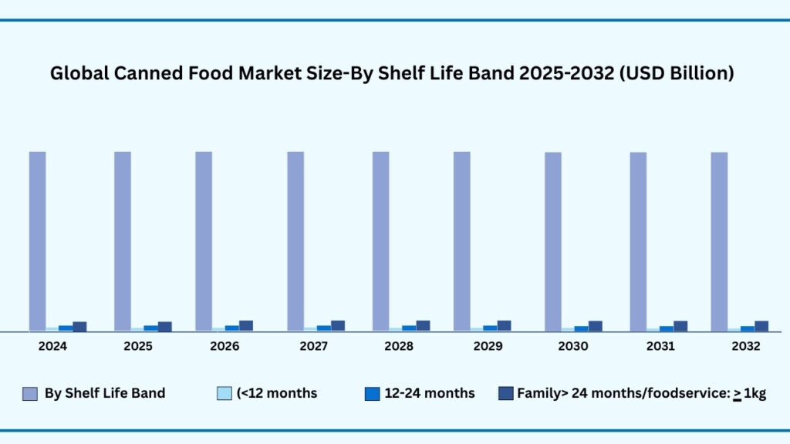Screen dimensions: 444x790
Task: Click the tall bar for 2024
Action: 38,241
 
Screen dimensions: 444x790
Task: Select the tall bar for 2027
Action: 296,241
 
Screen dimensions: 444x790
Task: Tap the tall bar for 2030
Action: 553,242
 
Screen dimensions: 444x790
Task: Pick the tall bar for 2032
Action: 719,242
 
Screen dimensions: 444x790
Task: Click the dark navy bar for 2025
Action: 165,327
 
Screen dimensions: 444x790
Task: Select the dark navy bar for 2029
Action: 504,326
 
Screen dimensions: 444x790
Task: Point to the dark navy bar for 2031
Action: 680,326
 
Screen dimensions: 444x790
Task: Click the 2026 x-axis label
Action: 225,347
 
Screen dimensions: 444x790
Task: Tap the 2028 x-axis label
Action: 398,347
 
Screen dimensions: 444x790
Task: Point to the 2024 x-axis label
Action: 52,347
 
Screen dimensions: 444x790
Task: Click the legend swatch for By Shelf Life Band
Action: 29,394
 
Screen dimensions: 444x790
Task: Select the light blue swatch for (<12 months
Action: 225,394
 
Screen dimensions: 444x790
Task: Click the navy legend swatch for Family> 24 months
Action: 506,394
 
